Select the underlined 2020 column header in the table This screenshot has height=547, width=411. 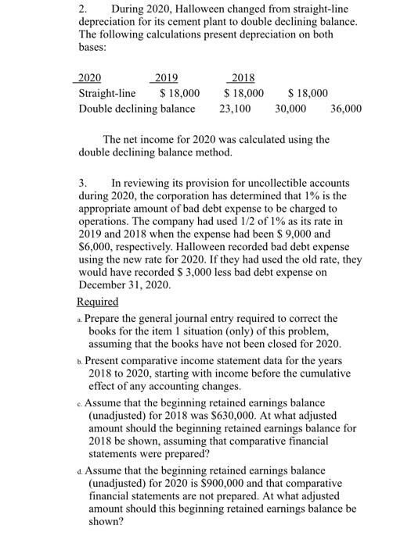[90, 78]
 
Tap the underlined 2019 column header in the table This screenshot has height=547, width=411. [166, 78]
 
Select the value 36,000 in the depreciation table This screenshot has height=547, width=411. [346, 108]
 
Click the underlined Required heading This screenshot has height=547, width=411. [98, 302]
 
